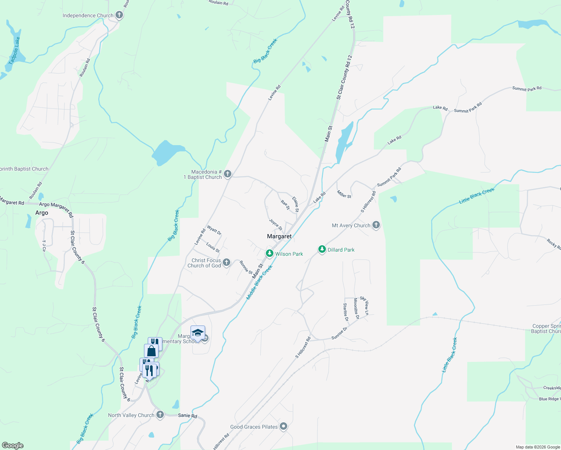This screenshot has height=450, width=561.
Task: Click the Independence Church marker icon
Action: (x=119, y=15)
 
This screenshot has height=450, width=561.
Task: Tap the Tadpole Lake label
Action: (x=15, y=50)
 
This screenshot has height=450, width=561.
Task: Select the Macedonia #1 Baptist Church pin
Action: (x=227, y=174)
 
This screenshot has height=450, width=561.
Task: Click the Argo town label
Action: (x=42, y=213)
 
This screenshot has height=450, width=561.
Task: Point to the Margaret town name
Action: (x=279, y=236)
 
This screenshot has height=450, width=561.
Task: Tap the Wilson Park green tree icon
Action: (x=269, y=253)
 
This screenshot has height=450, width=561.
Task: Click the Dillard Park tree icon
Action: (x=322, y=249)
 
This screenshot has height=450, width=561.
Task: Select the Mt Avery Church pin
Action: (x=376, y=225)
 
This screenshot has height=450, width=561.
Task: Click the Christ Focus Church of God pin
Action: (x=226, y=262)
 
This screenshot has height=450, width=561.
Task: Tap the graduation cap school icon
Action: (x=198, y=332)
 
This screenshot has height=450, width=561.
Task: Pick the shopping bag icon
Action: (x=151, y=351)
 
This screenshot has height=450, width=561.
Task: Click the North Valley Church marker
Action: (x=160, y=415)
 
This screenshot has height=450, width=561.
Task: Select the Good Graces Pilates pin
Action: (x=283, y=426)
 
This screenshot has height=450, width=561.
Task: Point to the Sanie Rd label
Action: (x=187, y=415)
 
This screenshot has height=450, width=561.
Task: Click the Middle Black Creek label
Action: (x=259, y=282)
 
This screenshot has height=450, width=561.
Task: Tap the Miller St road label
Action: (x=344, y=194)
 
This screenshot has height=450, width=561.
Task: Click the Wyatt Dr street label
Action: (x=214, y=230)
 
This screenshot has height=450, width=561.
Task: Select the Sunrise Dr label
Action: (x=339, y=333)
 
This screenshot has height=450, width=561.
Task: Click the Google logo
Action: (x=13, y=445)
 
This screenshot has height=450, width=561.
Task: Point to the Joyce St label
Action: (x=276, y=224)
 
